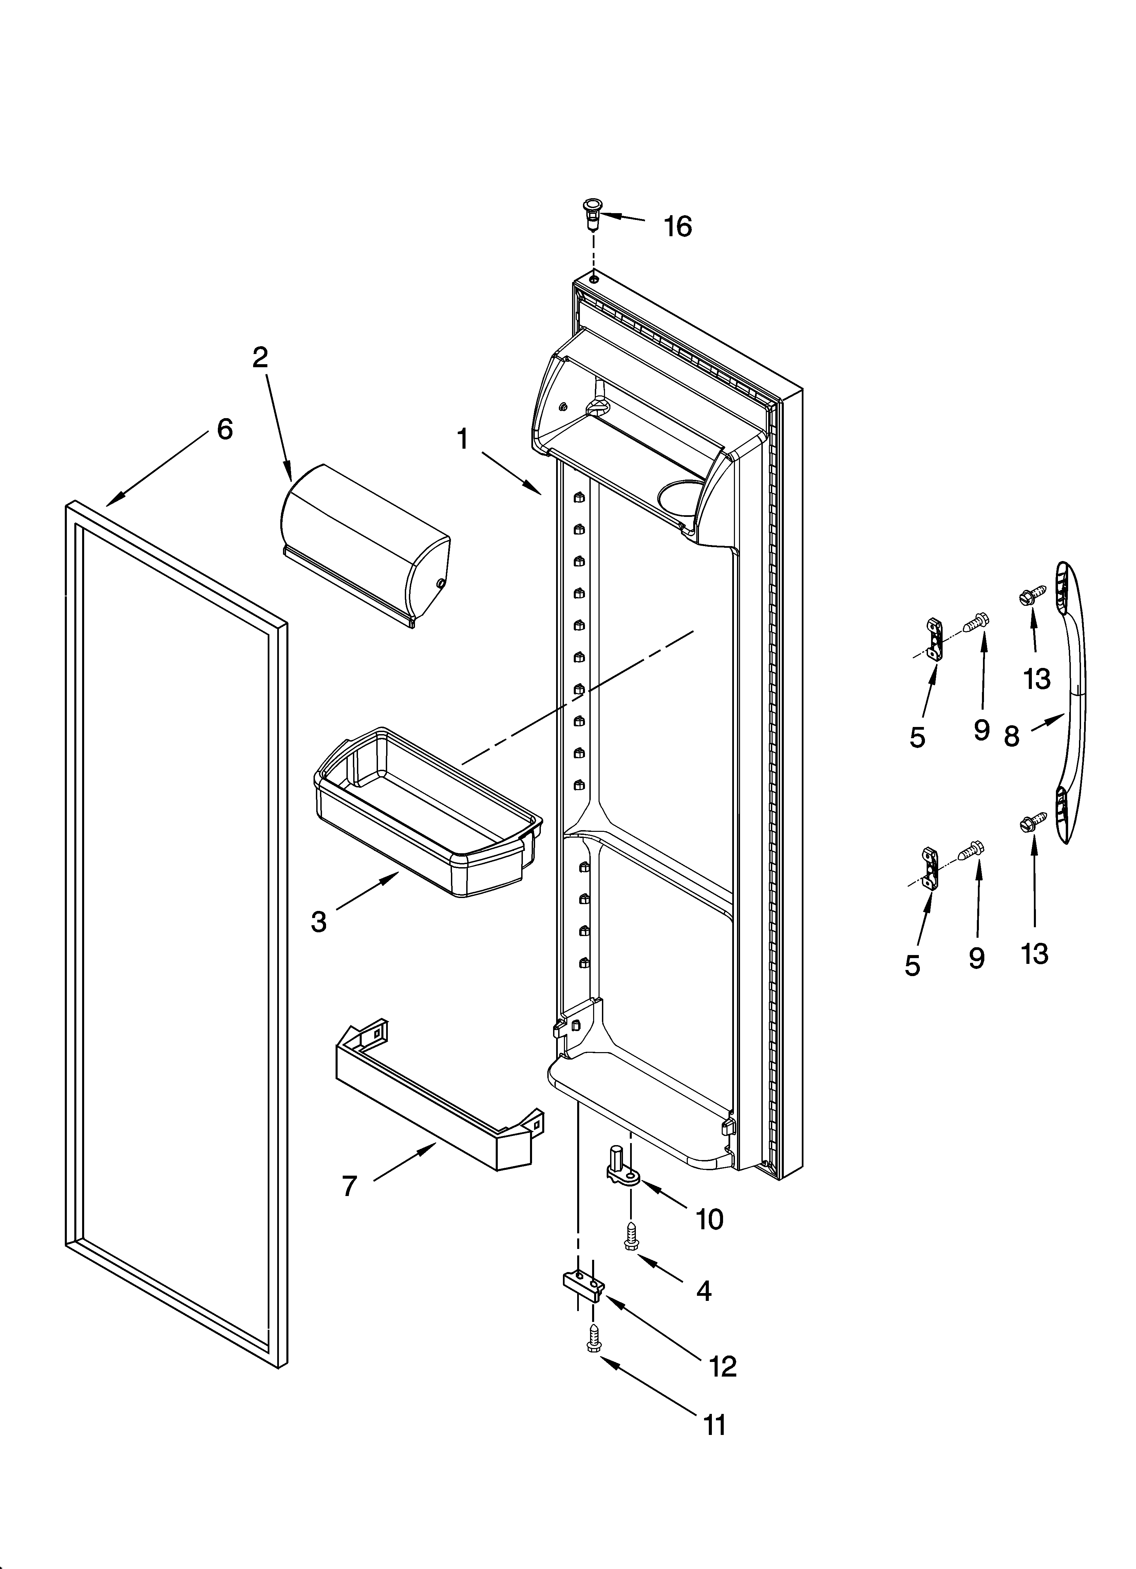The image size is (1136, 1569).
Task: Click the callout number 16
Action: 678,226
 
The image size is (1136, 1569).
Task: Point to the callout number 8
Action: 1011,736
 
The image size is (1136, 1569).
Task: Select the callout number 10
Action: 709,1219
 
